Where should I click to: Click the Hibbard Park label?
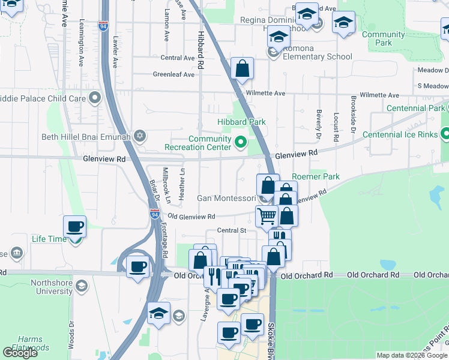pyautogui.click(x=241, y=122)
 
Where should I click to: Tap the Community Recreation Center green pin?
pyautogui.click(x=241, y=142)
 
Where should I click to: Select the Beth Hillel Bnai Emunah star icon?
pyautogui.click(x=140, y=136)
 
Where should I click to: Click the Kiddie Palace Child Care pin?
pyautogui.click(x=94, y=97)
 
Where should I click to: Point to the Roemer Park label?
pyautogui.click(x=316, y=176)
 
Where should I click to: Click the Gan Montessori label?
pyautogui.click(x=226, y=198)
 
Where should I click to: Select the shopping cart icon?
pyautogui.click(x=267, y=215)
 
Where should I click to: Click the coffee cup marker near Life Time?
pyautogui.click(x=75, y=226)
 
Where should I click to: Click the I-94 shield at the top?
pyautogui.click(x=104, y=26)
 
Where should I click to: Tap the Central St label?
pyautogui.click(x=232, y=230)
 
